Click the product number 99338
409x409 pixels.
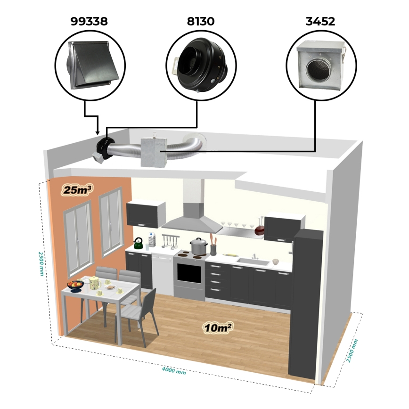(x=89, y=21)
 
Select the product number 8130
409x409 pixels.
(x=201, y=21)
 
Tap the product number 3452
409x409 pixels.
(x=320, y=21)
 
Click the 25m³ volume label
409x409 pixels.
(x=77, y=190)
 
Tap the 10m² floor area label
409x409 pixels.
(x=218, y=327)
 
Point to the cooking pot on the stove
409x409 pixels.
(x=199, y=247)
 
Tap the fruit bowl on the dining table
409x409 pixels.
(x=76, y=285)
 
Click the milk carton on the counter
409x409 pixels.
(x=152, y=240)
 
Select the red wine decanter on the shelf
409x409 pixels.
(x=260, y=228)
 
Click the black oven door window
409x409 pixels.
(x=189, y=273)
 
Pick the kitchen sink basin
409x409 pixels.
(x=253, y=262)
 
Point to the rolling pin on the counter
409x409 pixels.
(x=229, y=254)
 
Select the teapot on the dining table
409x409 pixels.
(x=94, y=283)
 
